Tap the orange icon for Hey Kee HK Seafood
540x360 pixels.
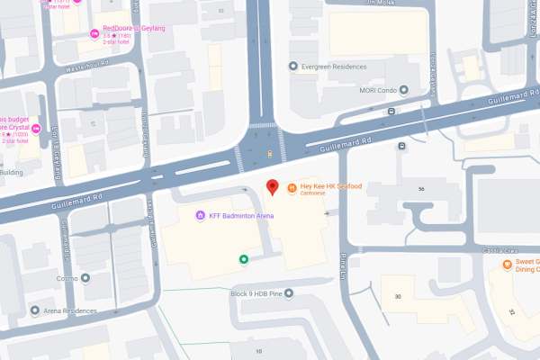pyautogui.click(x=292, y=187)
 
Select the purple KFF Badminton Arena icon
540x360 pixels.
pyautogui.click(x=200, y=215)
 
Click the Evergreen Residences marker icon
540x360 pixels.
pyautogui.click(x=292, y=67)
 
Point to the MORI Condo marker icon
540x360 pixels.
pyautogui.click(x=404, y=90)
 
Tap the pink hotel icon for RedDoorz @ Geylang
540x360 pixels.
pyautogui.click(x=94, y=34)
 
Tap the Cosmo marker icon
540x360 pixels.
pyautogui.click(x=85, y=278)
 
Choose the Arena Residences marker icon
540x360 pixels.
pyautogui.click(x=35, y=310)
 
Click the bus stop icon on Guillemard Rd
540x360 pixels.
pyautogui.click(x=391, y=111)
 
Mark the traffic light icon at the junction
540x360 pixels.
pyautogui.click(x=269, y=154)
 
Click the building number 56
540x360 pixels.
pyautogui.click(x=421, y=189)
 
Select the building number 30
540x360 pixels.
pyautogui.click(x=397, y=296)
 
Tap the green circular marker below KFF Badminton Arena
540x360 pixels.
pyautogui.click(x=243, y=260)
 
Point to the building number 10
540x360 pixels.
pyautogui.click(x=259, y=351)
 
